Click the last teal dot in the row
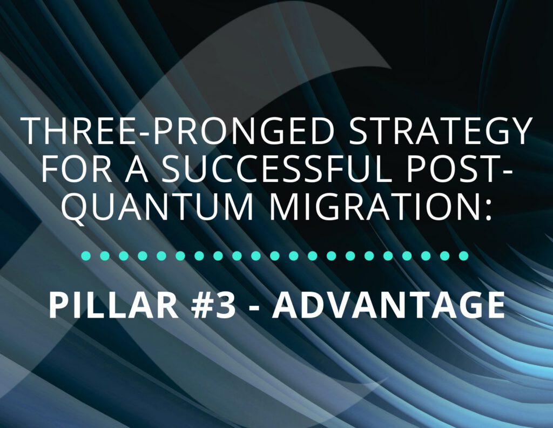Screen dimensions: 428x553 click(x=463, y=256)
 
